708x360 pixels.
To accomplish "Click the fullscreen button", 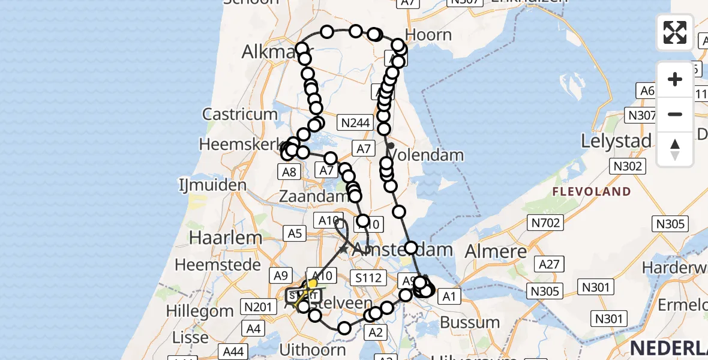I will (x=675, y=32).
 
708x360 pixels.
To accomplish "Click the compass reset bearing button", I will (x=675, y=149).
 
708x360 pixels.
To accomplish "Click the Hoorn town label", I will (x=428, y=35).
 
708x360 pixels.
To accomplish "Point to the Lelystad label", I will (x=616, y=141).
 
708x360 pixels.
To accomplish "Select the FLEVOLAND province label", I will (x=592, y=192).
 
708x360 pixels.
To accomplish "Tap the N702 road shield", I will (x=545, y=224).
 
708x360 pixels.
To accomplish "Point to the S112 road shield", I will (x=367, y=277).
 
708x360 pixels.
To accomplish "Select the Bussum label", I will (x=470, y=322).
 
